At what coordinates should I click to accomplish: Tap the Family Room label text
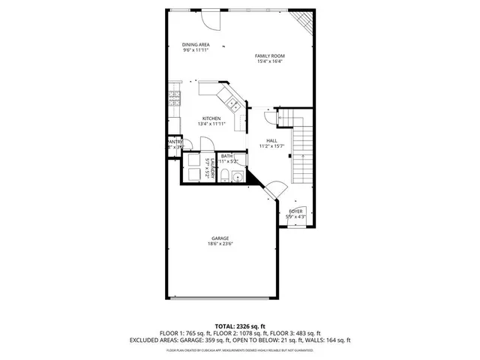coord(269,56)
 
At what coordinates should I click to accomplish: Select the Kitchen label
coord(210,118)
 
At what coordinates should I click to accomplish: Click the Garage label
coord(218,238)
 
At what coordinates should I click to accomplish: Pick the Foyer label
coord(295,212)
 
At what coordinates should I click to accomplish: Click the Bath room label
coord(226,156)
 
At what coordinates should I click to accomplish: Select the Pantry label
coord(174,141)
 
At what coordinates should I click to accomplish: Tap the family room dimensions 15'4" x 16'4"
coord(269,62)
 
